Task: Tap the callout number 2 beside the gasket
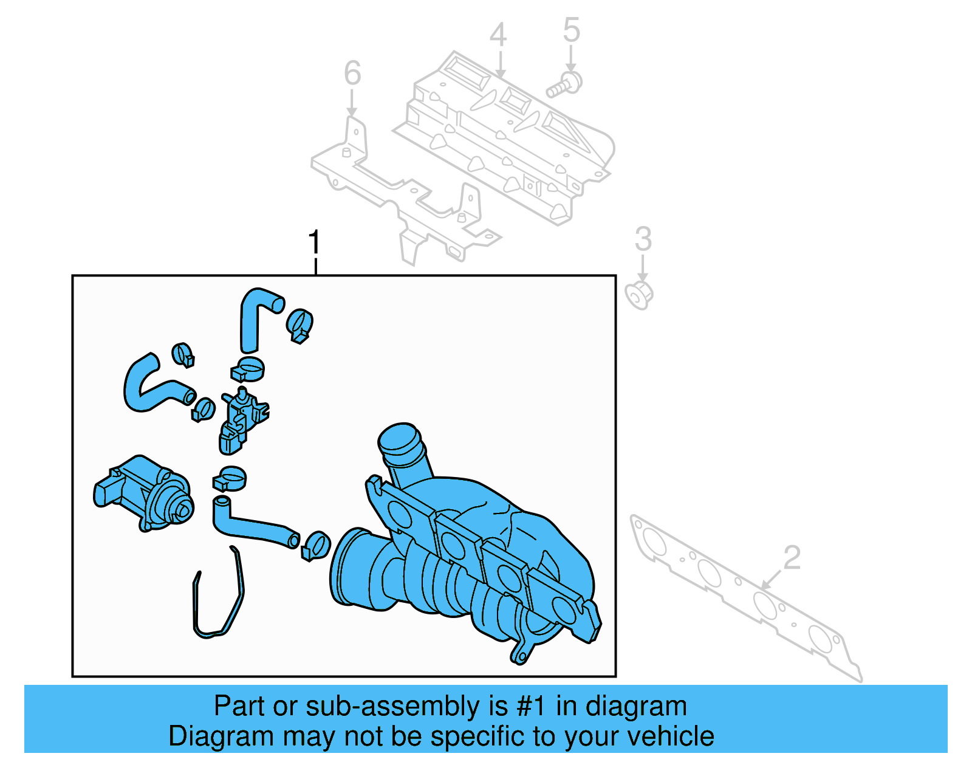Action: tap(792, 557)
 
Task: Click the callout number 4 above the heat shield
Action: tap(498, 35)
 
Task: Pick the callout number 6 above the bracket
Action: tap(352, 73)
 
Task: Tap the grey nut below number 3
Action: tap(639, 295)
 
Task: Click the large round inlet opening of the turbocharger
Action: tap(349, 568)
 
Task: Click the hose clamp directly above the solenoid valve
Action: tap(248, 369)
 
